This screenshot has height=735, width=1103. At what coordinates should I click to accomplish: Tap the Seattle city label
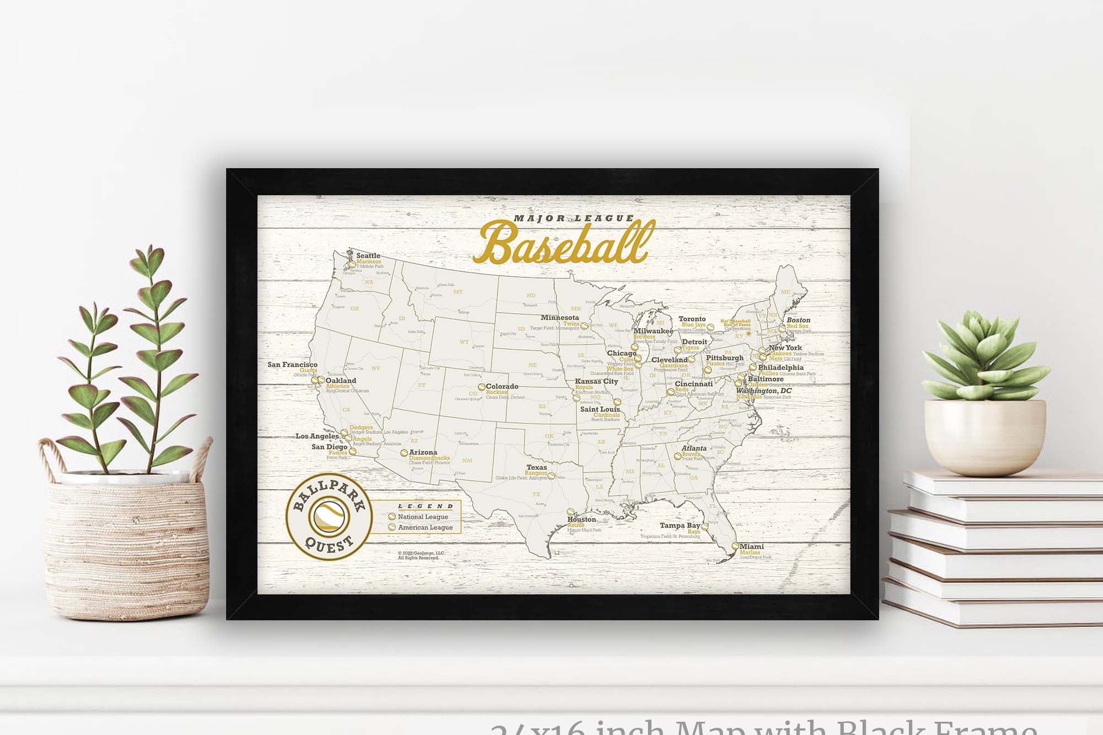pyautogui.click(x=368, y=256)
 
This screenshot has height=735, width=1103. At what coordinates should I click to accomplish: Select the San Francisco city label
pyautogui.click(x=292, y=364)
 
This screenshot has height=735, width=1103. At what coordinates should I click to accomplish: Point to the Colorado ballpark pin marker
pyautogui.click(x=481, y=388)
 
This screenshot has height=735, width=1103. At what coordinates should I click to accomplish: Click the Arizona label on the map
pyautogui.click(x=423, y=452)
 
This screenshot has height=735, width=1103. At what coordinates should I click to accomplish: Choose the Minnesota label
pyautogui.click(x=560, y=318)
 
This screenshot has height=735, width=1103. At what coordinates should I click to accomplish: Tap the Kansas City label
pyautogui.click(x=596, y=381)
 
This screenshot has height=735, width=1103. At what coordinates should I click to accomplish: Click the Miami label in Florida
pyautogui.click(x=752, y=546)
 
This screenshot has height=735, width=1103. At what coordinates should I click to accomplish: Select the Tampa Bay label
pyautogui.click(x=679, y=525)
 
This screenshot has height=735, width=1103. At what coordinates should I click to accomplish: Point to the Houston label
pyautogui.click(x=582, y=519)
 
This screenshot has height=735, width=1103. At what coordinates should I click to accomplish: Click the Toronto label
pyautogui.click(x=692, y=319)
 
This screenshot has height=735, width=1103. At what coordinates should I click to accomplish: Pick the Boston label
pyautogui.click(x=798, y=320)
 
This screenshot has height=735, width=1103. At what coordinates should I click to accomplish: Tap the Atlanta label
pyautogui.click(x=694, y=448)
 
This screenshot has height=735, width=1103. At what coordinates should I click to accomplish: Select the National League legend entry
pyautogui.click(x=422, y=517)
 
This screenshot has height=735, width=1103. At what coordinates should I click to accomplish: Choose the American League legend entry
pyautogui.click(x=425, y=528)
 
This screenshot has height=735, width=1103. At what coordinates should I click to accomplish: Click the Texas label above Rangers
pyautogui.click(x=537, y=468)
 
